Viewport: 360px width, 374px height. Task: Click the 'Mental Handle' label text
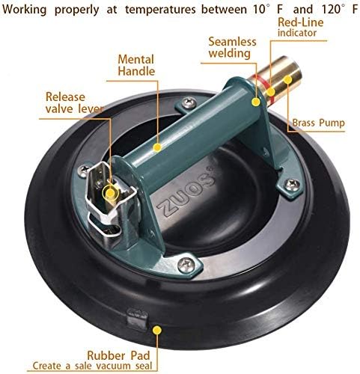point(136,65)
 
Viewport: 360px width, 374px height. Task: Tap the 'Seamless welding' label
point(232,47)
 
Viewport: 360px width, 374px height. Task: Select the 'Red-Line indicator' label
point(300,27)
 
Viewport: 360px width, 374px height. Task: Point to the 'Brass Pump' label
point(318,123)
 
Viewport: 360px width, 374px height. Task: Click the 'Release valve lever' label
point(74,102)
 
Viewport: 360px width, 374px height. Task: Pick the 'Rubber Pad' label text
point(118,355)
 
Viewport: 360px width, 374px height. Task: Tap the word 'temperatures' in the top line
point(160,10)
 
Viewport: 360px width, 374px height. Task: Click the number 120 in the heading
point(330,9)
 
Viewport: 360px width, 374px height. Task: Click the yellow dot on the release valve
point(110,193)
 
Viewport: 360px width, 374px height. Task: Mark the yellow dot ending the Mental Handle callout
point(157,147)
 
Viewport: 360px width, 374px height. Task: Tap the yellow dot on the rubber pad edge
point(157,330)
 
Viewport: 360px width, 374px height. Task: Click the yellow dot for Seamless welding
point(256,102)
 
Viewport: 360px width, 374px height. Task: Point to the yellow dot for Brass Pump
point(287,80)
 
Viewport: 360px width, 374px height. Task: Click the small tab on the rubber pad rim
point(137,319)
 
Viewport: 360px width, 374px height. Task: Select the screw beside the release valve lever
point(84,171)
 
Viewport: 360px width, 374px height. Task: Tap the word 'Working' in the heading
point(24,10)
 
